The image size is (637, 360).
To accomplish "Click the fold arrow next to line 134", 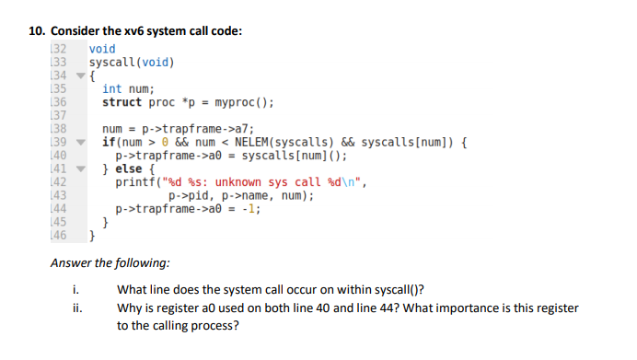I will (80, 75).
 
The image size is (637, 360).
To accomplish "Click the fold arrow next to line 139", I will (80, 143).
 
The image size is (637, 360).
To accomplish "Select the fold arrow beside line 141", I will (80, 169).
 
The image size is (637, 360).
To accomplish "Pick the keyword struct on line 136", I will (122, 102).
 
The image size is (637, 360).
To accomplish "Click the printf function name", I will (134, 182).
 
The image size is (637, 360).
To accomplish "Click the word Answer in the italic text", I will (71, 263).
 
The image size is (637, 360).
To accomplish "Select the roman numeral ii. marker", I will (76, 308).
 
